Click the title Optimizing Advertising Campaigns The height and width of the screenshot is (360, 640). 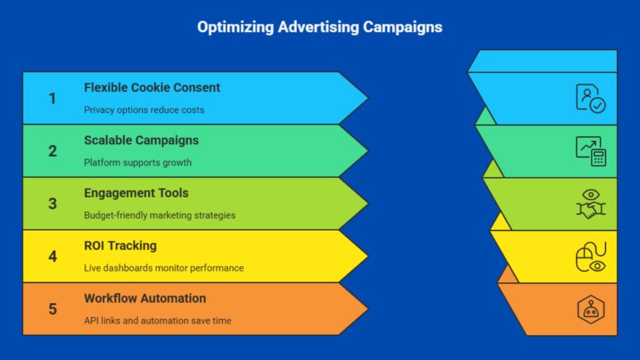pyautogui.click(x=319, y=27)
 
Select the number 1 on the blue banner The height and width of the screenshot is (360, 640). pyautogui.click(x=52, y=99)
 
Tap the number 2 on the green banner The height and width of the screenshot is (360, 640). pyautogui.click(x=52, y=151)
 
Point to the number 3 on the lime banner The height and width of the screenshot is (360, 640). pyautogui.click(x=52, y=204)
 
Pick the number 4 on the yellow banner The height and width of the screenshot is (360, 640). pyautogui.click(x=52, y=256)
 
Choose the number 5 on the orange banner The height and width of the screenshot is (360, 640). pyautogui.click(x=52, y=309)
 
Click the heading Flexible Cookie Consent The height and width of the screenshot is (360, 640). pyautogui.click(x=152, y=87)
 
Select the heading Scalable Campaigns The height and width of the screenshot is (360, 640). pyautogui.click(x=141, y=140)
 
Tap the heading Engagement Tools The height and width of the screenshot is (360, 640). pyautogui.click(x=136, y=192)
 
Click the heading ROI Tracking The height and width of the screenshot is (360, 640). pyautogui.click(x=120, y=245)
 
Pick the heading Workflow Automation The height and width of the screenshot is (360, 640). pyautogui.click(x=145, y=297)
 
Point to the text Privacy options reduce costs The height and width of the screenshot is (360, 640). pyautogui.click(x=144, y=110)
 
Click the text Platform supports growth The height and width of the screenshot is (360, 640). pyautogui.click(x=137, y=162)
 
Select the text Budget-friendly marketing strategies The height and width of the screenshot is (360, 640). pyautogui.click(x=159, y=215)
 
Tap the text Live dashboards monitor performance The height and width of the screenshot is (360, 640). pyautogui.click(x=164, y=267)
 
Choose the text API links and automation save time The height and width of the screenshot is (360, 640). pyautogui.click(x=157, y=321)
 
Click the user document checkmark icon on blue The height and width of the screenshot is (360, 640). pyautogui.click(x=590, y=99)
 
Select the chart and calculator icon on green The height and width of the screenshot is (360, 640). pyautogui.click(x=590, y=151)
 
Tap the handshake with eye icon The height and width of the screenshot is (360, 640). pyautogui.click(x=590, y=204)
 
